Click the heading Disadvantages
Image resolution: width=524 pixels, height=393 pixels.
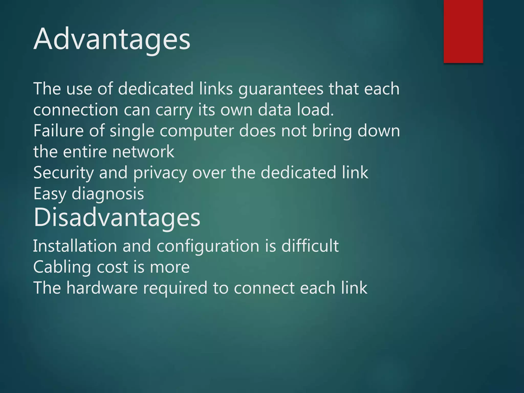[x=117, y=217]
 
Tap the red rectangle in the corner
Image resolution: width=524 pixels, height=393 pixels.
[x=463, y=31]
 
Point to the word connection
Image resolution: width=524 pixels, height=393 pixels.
[x=76, y=110]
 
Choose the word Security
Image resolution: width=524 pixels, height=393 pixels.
[x=63, y=173]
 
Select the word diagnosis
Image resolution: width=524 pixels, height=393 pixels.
[x=108, y=194]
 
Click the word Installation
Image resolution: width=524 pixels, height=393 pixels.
[x=75, y=246]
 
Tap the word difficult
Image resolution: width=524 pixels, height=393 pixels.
[x=310, y=246]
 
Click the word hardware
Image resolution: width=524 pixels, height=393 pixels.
[x=102, y=288]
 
